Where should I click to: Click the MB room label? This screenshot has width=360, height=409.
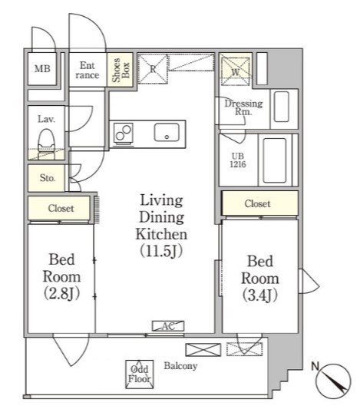click(x=42, y=68)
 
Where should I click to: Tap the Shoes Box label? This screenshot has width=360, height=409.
click(x=121, y=70)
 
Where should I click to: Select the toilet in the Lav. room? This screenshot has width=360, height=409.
click(x=46, y=143)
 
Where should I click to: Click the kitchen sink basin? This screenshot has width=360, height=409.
click(x=167, y=132)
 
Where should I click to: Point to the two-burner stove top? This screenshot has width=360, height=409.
click(x=124, y=133)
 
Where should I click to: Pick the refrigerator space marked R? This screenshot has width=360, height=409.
click(x=153, y=69)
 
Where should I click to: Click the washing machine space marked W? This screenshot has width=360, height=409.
click(x=236, y=71)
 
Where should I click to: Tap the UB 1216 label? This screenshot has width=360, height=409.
click(x=238, y=160)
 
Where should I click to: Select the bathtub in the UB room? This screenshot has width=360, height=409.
click(x=275, y=160)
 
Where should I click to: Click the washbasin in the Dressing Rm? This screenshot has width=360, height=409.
click(x=282, y=107)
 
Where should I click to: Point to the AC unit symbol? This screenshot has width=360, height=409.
click(x=168, y=326)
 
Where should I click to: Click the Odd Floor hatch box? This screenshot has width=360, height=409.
click(x=139, y=374)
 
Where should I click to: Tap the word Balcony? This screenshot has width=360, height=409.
click(x=180, y=366)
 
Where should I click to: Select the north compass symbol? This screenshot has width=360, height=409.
click(x=333, y=380)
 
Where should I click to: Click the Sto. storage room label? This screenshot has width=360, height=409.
click(x=48, y=178)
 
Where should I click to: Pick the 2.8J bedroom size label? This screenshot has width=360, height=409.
click(x=61, y=294)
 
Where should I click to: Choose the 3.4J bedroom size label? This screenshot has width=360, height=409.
click(x=260, y=295)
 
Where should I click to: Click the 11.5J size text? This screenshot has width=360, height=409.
click(x=161, y=251)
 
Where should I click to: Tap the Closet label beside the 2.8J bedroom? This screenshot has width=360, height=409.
click(x=61, y=208)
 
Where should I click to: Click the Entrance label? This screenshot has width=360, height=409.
click(x=88, y=70)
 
